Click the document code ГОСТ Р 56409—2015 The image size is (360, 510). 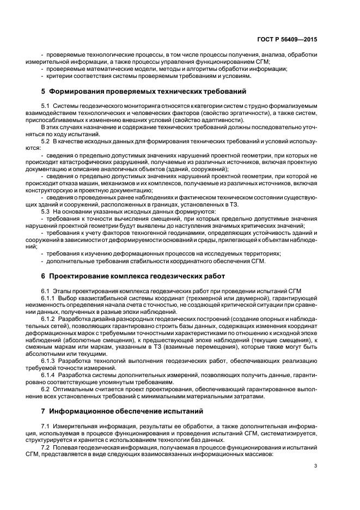290,40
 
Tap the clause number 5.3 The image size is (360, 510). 46,211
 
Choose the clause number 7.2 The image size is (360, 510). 46,446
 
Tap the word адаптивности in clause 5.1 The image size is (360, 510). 225,119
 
